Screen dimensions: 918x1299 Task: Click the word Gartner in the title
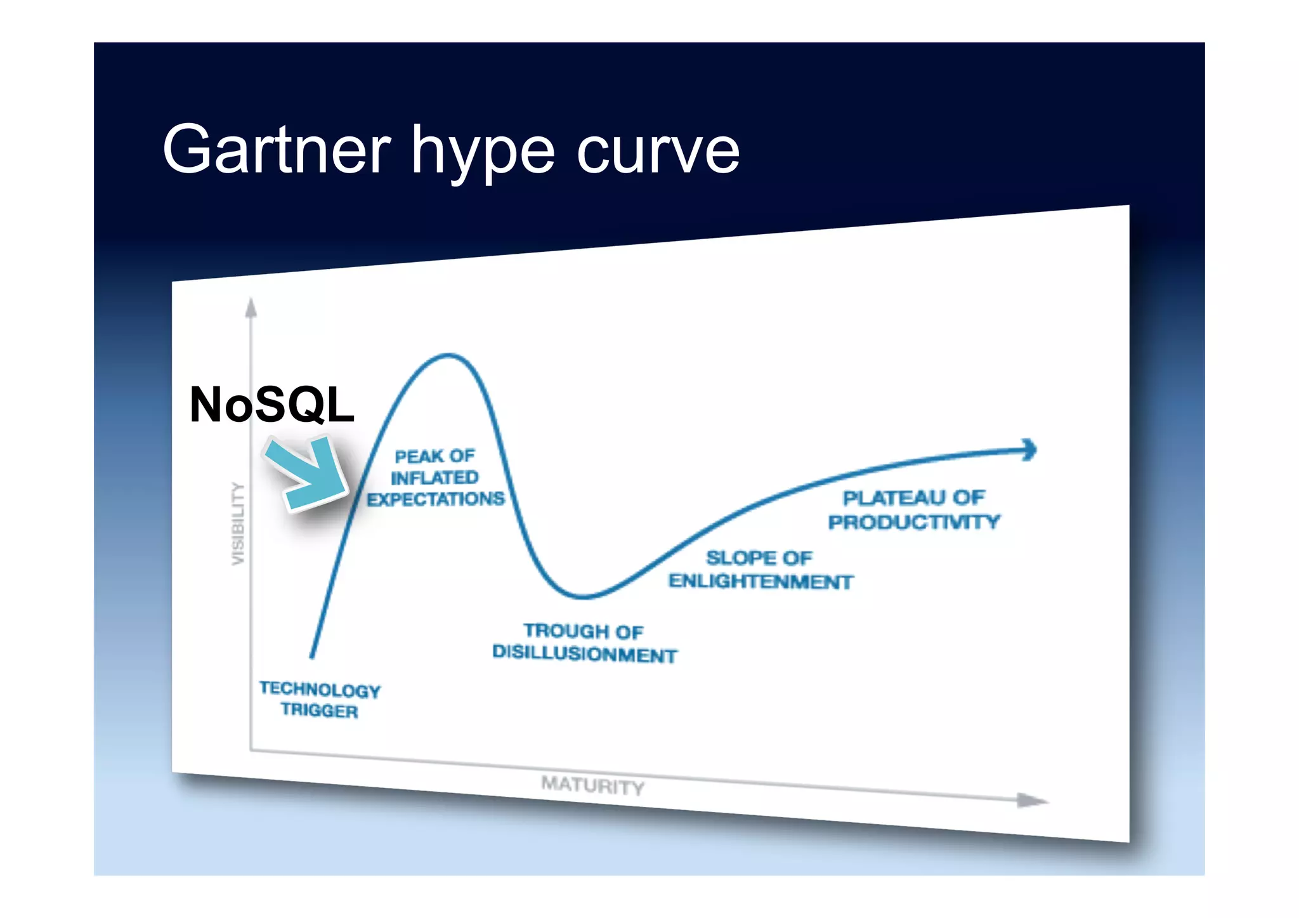(x=277, y=150)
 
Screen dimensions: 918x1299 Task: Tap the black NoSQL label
(x=271, y=405)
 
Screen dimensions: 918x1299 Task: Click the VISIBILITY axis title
(x=237, y=524)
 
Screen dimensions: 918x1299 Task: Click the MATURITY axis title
(x=592, y=785)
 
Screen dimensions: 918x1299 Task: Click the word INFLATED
(x=434, y=478)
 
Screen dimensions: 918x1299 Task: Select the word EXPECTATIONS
(x=435, y=499)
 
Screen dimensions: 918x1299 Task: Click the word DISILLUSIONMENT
(x=584, y=653)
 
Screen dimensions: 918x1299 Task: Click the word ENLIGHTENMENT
(x=760, y=581)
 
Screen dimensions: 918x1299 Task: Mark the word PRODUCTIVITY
(x=913, y=522)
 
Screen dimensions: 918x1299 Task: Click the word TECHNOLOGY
(x=320, y=690)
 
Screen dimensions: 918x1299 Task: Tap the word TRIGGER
(x=320, y=711)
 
